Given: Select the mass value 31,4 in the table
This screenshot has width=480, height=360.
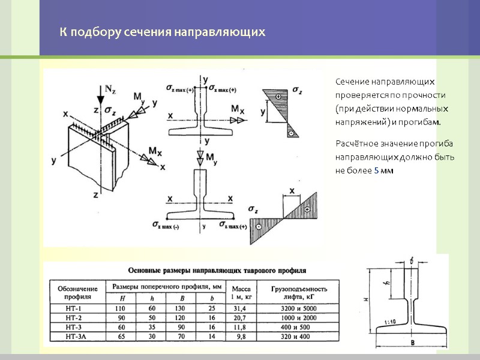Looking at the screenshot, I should [x=241, y=308].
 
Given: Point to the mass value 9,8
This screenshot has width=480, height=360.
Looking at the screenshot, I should [x=241, y=337].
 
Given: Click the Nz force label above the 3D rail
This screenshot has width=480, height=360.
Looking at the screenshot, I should [x=110, y=90].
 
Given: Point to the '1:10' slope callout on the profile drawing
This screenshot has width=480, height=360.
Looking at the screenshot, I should [x=390, y=322].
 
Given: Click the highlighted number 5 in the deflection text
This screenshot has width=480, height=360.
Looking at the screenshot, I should [x=376, y=171].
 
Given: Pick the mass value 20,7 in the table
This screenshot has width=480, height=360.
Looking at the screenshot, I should [x=241, y=317].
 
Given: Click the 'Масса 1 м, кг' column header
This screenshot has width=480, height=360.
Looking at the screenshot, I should [x=241, y=292].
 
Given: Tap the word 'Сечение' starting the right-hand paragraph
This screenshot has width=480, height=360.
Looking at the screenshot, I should [x=352, y=81].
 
